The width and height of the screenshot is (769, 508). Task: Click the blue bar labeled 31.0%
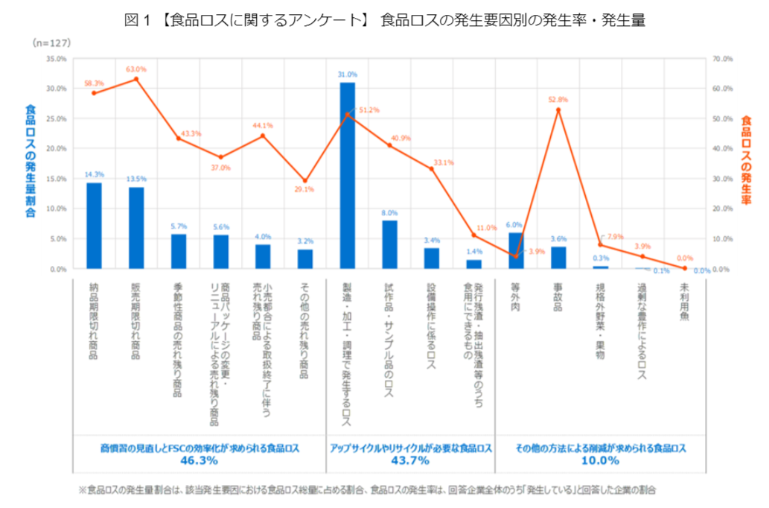click(348, 175)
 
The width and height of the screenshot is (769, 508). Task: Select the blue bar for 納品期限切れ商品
click(95, 226)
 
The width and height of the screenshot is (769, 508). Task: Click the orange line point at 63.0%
click(136, 79)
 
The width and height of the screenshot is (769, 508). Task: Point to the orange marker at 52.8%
click(558, 109)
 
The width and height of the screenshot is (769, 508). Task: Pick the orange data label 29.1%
click(304, 189)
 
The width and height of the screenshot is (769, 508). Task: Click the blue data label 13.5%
click(136, 179)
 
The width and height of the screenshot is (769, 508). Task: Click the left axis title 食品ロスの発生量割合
click(31, 160)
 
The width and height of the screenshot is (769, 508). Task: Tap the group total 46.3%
click(199, 461)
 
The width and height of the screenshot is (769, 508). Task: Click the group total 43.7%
click(410, 461)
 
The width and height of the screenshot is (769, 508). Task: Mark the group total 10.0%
click(600, 461)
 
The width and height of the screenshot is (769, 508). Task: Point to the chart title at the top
click(384, 21)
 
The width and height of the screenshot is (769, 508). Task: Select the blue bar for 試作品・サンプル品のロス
click(389, 244)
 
